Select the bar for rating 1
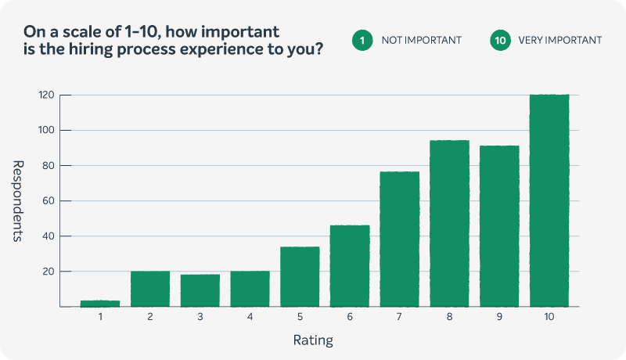tap(100, 303)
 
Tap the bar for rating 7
tap(399, 239)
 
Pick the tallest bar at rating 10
tap(549, 200)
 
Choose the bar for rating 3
tap(200, 290)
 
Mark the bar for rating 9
tap(499, 226)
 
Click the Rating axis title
tap(314, 340)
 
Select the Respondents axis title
tap(20, 200)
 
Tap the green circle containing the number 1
tap(362, 40)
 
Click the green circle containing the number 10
tap(500, 40)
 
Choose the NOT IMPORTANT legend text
tap(422, 40)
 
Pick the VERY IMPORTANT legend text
tap(560, 40)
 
